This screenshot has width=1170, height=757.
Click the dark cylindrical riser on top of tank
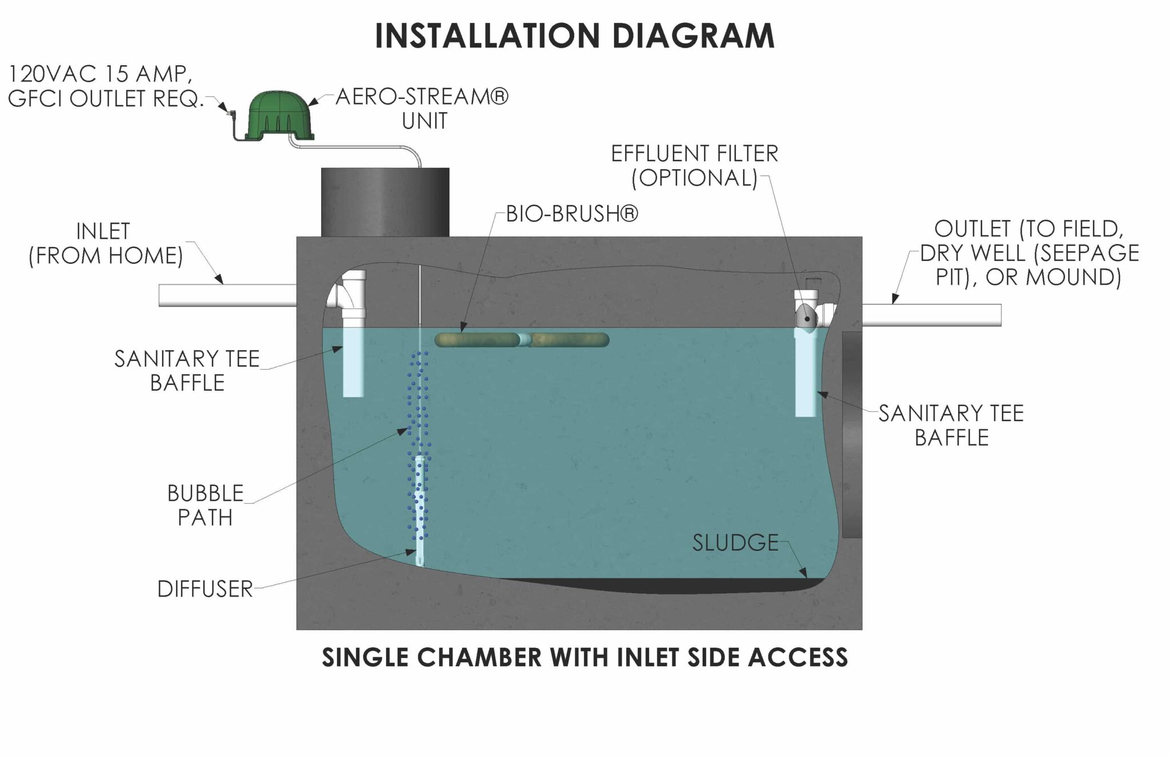(384, 202)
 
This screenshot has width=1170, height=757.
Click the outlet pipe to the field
(931, 315)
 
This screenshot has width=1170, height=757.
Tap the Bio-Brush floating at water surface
(521, 341)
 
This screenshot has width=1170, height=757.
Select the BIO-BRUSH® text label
(572, 214)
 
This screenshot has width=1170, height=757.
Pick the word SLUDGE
(735, 543)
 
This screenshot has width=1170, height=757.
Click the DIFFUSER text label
(205, 589)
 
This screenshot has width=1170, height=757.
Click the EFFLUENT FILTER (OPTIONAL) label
(694, 166)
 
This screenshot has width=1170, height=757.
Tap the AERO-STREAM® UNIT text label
(422, 109)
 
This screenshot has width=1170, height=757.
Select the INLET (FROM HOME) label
(105, 243)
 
